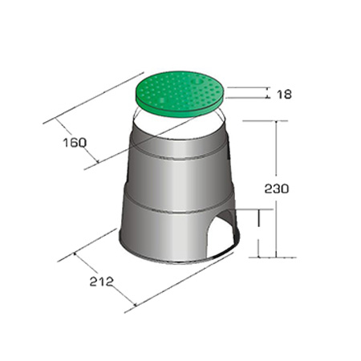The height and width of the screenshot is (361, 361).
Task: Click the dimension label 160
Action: coord(75,143)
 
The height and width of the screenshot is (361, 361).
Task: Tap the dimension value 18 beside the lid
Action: coord(284,95)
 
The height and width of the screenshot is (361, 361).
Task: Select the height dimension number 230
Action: coord(277,189)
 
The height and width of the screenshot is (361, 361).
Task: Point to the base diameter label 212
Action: coord(102,282)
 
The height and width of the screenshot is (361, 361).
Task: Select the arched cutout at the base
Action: coord(221,235)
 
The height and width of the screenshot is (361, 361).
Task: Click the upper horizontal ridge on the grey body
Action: coord(178,155)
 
